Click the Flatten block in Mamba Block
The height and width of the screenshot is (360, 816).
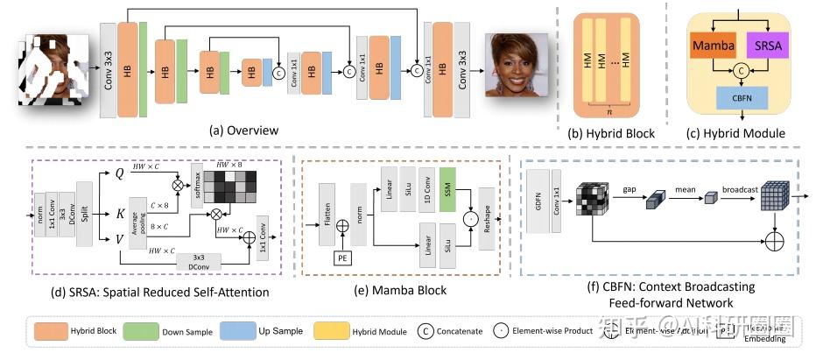pyautogui.click(x=327, y=210)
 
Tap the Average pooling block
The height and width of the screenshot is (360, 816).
pyautogui.click(x=137, y=223)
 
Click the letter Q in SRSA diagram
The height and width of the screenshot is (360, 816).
pyautogui.click(x=121, y=172)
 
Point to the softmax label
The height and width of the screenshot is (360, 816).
pyautogui.click(x=197, y=181)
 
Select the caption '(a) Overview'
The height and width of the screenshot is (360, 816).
pyautogui.click(x=243, y=131)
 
